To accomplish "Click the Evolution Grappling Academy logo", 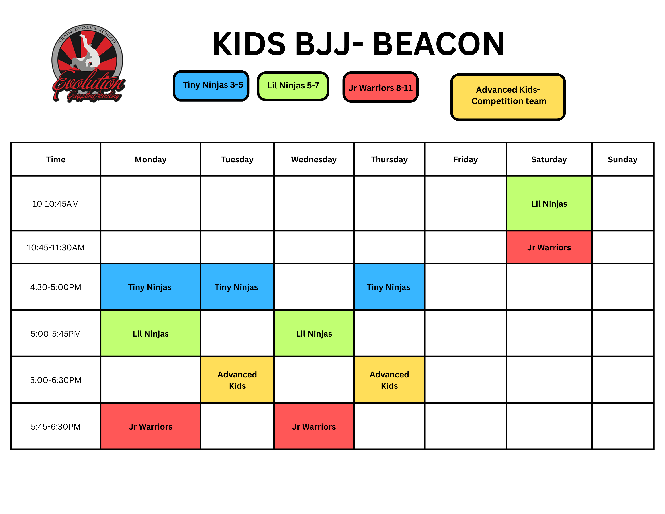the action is pyautogui.click(x=88, y=63).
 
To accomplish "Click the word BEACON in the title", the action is pyautogui.click(x=438, y=44).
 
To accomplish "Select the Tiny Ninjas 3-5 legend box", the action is pyautogui.click(x=211, y=86).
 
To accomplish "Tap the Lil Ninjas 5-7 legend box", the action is pyautogui.click(x=293, y=86).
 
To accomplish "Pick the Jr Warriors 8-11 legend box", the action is pyautogui.click(x=380, y=87).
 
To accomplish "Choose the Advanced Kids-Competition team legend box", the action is pyautogui.click(x=508, y=97).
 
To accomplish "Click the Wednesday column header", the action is pyautogui.click(x=314, y=160).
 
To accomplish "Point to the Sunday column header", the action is pyautogui.click(x=622, y=160).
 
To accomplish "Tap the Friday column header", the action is pyautogui.click(x=465, y=160).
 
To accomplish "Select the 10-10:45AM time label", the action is pyautogui.click(x=56, y=204).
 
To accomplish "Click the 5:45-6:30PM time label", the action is pyautogui.click(x=56, y=427).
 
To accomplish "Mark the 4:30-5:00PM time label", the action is pyautogui.click(x=56, y=287).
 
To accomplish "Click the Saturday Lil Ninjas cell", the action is pyautogui.click(x=549, y=203).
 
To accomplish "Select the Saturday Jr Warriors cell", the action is pyautogui.click(x=549, y=247).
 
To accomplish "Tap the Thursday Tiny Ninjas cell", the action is pyautogui.click(x=389, y=287).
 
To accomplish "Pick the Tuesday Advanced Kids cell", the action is pyautogui.click(x=237, y=380).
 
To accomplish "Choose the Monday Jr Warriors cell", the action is pyautogui.click(x=151, y=426).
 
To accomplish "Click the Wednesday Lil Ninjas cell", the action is pyautogui.click(x=314, y=334).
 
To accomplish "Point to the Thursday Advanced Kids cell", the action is pyautogui.click(x=389, y=380).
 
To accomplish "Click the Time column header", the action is pyautogui.click(x=56, y=160).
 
